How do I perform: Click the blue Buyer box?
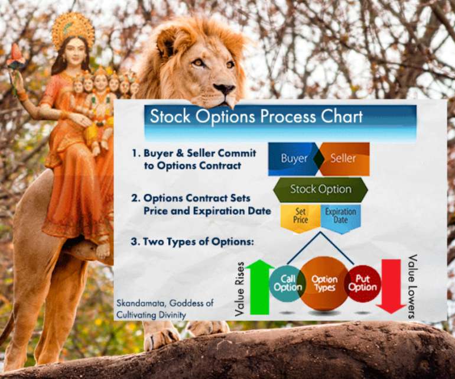(292, 159)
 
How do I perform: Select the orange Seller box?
(344, 159)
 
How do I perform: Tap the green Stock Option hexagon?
(320, 190)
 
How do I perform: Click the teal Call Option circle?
(287, 283)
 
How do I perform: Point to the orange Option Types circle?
(324, 283)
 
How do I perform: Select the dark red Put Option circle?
(362, 283)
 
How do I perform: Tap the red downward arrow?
(390, 283)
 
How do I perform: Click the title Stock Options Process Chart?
(256, 116)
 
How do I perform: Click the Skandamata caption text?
(165, 309)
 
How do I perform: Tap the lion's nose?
(224, 89)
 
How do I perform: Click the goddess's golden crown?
(73, 28)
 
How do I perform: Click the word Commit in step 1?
(240, 153)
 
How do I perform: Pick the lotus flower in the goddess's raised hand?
(15, 58)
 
